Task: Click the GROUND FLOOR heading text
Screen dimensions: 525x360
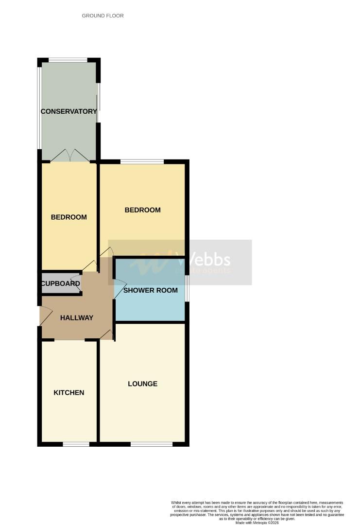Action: pos(103,16)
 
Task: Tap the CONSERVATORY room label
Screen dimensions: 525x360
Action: pos(69,111)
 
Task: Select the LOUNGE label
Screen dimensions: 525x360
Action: pos(142,384)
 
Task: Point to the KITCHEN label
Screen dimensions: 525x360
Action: pos(69,392)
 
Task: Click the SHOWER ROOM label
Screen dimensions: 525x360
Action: pos(150,290)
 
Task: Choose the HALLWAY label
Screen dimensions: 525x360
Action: pos(76,318)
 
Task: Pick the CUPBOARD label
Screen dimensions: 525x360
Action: pos(60,283)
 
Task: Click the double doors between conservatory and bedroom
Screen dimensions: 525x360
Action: pos(70,156)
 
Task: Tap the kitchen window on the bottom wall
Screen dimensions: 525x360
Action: pos(76,444)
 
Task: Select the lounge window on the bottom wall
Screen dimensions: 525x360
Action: pos(151,444)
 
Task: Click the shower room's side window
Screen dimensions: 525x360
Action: pos(187,289)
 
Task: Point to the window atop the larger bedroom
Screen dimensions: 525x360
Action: pos(142,162)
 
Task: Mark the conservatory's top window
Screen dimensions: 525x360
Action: pos(68,60)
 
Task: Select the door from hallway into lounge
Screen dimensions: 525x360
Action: pos(107,334)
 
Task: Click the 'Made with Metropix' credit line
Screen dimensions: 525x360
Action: pos(257,523)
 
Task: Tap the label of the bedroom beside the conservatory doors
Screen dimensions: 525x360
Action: pos(69,217)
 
